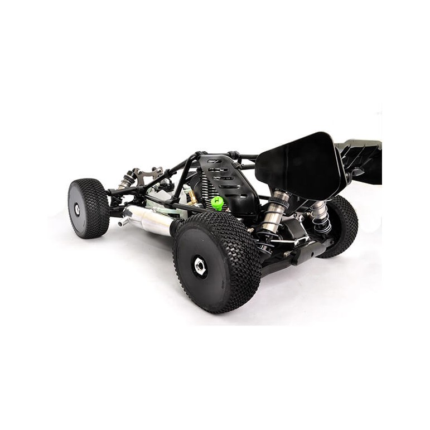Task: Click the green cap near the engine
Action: [x=218, y=202]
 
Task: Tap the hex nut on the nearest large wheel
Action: [x=200, y=266]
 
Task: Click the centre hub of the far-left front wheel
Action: [x=77, y=210]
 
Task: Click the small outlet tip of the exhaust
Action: [x=122, y=223]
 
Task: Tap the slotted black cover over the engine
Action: [x=229, y=178]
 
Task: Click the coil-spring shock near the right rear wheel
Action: [x=320, y=218]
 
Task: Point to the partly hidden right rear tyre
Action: [x=341, y=226]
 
